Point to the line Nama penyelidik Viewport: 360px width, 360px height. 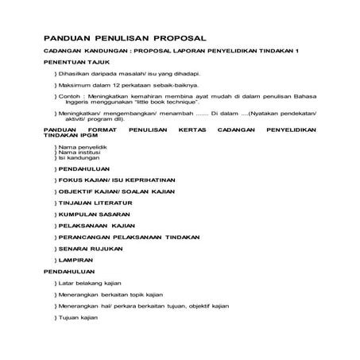click(x=82, y=148)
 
